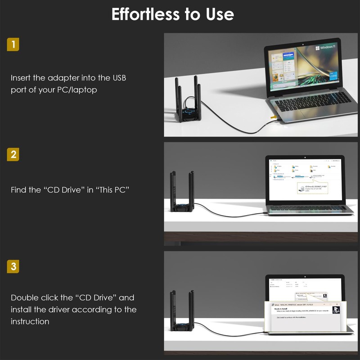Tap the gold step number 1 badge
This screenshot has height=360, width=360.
(x=14, y=45)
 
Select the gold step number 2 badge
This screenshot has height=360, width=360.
(x=14, y=154)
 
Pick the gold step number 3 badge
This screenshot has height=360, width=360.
(x=14, y=266)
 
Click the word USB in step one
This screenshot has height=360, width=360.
(x=118, y=78)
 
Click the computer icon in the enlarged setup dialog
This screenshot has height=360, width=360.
(x=336, y=310)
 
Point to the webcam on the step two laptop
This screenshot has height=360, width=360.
(x=305, y=157)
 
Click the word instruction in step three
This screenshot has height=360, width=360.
(x=30, y=322)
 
